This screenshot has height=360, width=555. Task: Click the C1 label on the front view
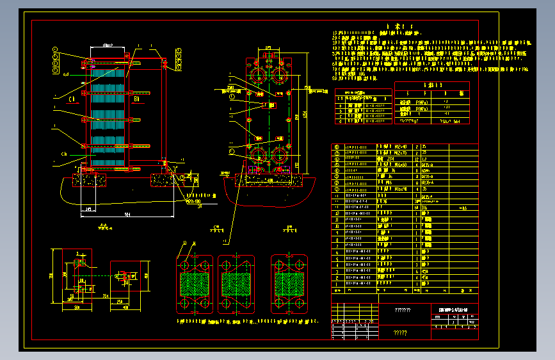click(73, 99)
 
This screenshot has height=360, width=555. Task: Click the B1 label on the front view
click(136, 99)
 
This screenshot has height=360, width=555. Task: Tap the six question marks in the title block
click(403, 311)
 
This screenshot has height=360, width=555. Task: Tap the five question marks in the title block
click(400, 332)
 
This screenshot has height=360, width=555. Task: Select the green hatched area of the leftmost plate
click(194, 283)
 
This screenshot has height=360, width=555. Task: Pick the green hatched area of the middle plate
click(236, 283)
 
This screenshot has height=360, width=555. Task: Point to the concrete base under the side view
click(269, 182)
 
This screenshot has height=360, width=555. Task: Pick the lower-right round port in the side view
click(282, 155)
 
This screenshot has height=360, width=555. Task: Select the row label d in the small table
click(341, 120)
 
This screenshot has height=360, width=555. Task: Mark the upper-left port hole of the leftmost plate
click(186, 264)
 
